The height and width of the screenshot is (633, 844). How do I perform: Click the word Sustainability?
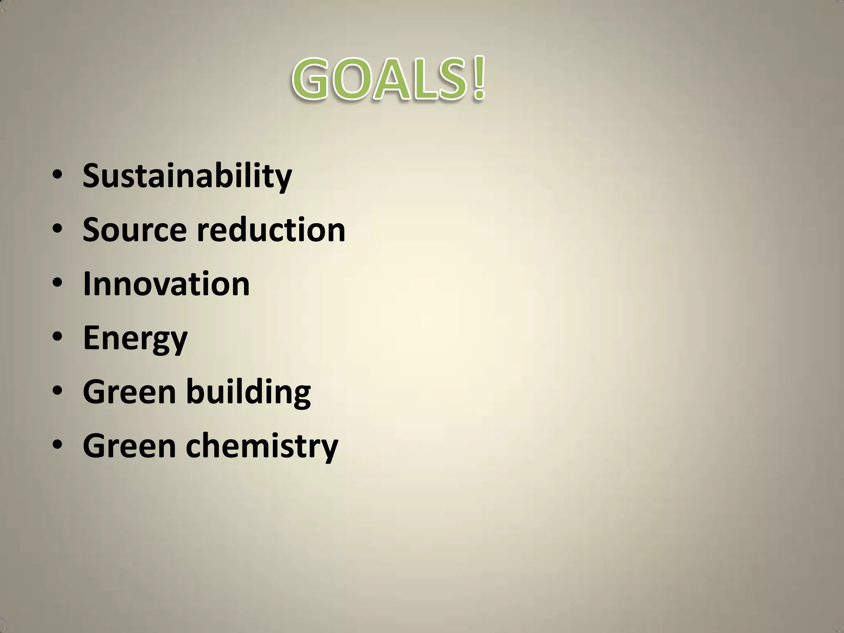[187, 176]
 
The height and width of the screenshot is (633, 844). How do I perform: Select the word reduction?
[271, 230]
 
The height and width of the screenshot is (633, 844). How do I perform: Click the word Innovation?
[166, 284]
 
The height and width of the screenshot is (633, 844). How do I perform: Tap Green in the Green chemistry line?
[129, 446]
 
